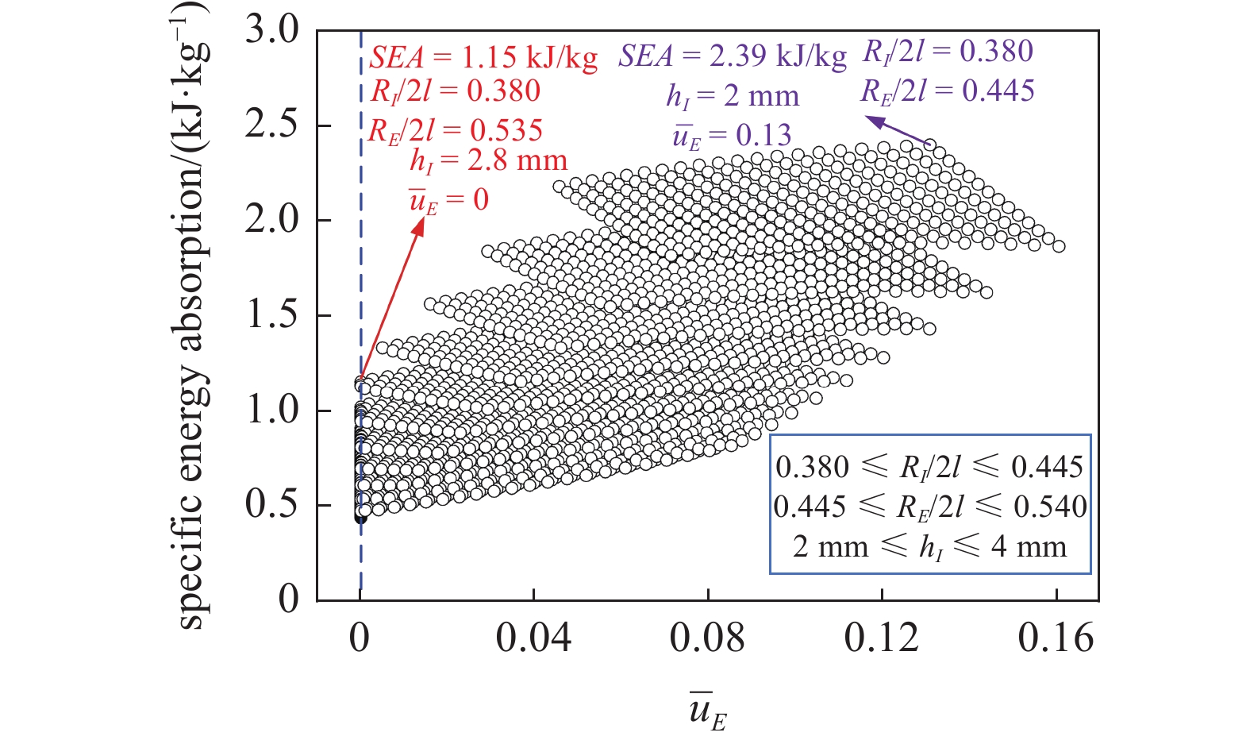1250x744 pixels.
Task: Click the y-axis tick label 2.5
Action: click(x=271, y=125)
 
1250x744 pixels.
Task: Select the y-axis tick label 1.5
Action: click(x=271, y=315)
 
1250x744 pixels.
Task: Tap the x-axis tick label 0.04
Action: click(x=533, y=638)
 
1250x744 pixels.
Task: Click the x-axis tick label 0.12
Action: click(x=882, y=638)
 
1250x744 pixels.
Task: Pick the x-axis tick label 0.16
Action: click(x=1056, y=638)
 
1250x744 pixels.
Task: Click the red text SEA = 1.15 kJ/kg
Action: click(x=483, y=58)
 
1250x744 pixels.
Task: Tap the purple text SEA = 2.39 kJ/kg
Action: click(x=733, y=56)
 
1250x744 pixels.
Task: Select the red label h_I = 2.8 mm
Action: click(x=488, y=161)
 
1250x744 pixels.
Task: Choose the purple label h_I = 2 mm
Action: click(x=732, y=97)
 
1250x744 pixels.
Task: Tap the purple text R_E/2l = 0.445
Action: click(x=947, y=91)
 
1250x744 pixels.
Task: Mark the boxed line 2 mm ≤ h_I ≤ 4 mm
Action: click(x=929, y=547)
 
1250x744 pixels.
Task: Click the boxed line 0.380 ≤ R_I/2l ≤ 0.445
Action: click(x=929, y=467)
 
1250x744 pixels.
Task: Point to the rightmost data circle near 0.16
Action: click(x=1058, y=247)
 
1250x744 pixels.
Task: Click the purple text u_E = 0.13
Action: click(x=732, y=137)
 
